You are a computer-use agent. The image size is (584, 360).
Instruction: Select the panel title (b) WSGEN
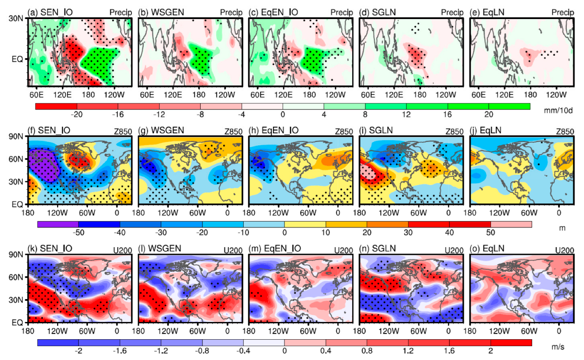point(155,13)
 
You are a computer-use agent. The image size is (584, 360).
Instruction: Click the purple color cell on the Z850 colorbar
point(58,224)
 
